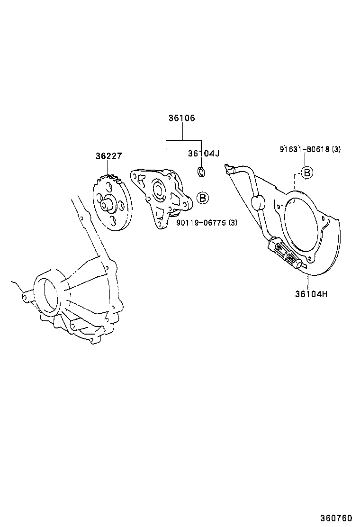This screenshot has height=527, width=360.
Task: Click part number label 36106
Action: pos(181,118)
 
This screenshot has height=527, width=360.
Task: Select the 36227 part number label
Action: pos(109,156)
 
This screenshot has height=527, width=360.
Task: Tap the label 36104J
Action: pos(203,153)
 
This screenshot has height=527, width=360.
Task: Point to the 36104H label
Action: pos(311,294)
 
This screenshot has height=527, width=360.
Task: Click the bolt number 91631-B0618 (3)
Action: pos(310,149)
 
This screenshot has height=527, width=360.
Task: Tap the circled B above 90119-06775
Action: pos(203,198)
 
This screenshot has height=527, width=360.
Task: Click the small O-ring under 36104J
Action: pos(201,171)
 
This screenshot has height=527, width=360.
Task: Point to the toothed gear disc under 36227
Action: pos(112,204)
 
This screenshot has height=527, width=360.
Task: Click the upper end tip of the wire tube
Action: pos(230,169)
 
